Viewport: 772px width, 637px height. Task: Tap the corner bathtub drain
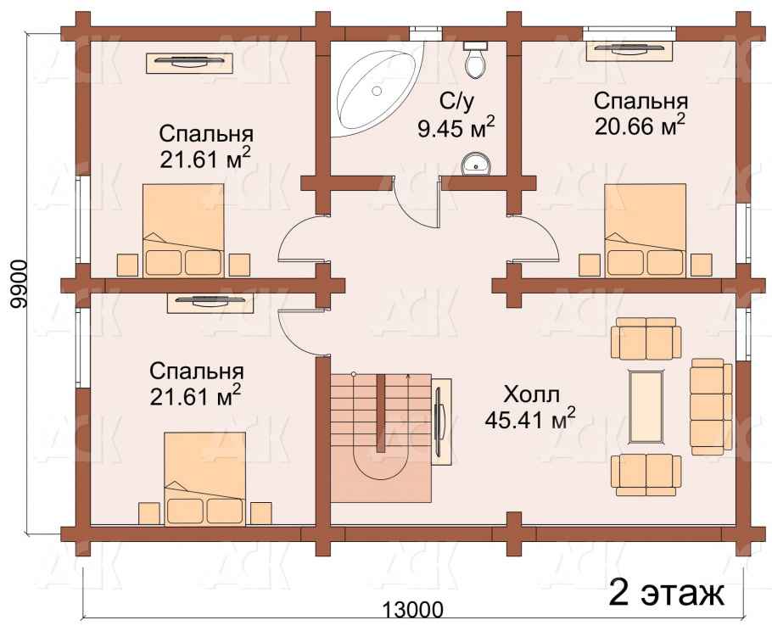(377, 91)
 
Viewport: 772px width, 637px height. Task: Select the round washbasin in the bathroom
(476, 163)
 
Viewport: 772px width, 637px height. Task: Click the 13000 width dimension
(412, 610)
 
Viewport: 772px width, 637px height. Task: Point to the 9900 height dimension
(17, 285)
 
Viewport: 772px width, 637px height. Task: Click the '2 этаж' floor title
(667, 594)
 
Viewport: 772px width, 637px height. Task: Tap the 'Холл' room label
(532, 394)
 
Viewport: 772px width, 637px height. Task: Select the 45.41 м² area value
(530, 418)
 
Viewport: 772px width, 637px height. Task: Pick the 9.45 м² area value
(456, 128)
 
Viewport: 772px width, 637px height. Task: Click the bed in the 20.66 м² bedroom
(645, 231)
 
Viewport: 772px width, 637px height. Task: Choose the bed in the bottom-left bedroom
(204, 479)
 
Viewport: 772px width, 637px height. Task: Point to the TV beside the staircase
(442, 422)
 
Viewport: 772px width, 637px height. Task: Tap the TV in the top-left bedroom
(190, 62)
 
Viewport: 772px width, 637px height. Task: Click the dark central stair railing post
(381, 412)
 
